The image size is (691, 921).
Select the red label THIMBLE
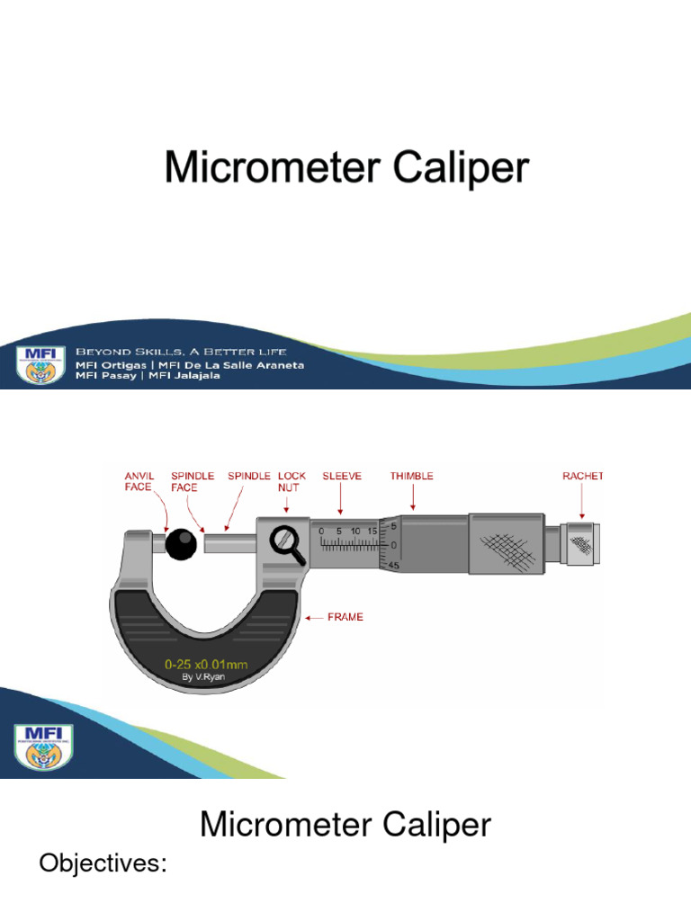pos(412,476)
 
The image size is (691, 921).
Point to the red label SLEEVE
pos(342,476)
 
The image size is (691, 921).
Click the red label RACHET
pos(583,476)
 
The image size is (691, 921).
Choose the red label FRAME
pos(346,618)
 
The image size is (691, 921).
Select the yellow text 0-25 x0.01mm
pos(207,665)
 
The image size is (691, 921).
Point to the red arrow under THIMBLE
pos(412,497)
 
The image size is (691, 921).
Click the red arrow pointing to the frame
pos(314,618)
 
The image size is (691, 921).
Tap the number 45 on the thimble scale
pos(394,565)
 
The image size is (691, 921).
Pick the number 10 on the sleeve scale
pos(355,531)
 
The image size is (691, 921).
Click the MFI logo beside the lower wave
pos(43,745)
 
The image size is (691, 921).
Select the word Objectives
pos(104,864)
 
